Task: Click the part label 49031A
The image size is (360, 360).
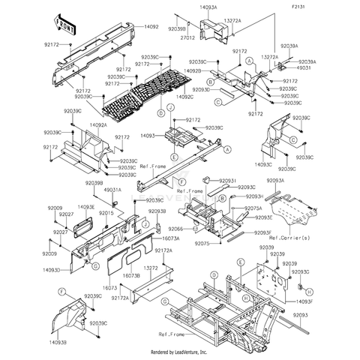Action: pos(112,190)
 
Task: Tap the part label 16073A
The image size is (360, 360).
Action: pos(171,237)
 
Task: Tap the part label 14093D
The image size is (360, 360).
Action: pos(52,268)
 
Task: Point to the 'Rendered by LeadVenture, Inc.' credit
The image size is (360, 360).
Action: pos(179,352)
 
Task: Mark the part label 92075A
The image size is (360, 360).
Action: pos(253,208)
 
